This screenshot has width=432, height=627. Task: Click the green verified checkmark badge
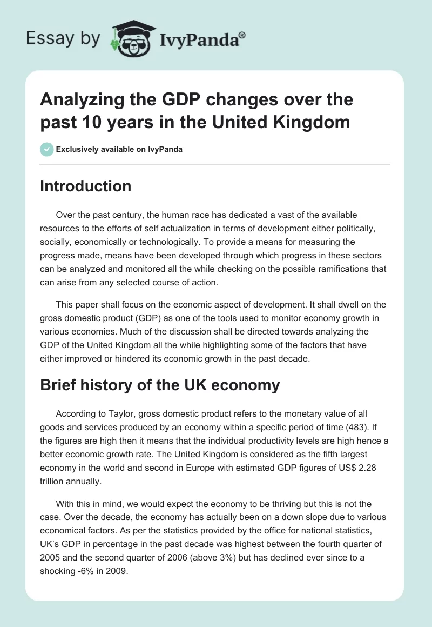[x=46, y=149]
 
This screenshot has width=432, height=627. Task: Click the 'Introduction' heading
[x=85, y=186]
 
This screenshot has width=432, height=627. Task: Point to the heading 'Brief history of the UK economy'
[x=160, y=385]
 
